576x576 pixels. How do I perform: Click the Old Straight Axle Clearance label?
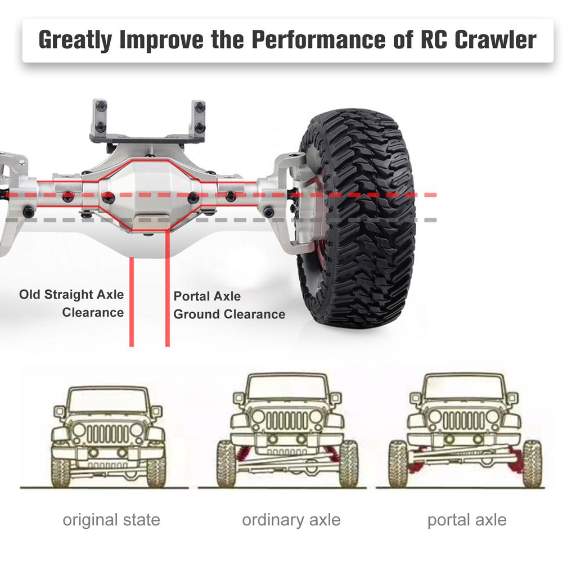coord(72,303)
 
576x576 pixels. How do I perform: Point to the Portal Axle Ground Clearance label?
coord(229,305)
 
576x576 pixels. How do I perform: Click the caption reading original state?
coord(111,520)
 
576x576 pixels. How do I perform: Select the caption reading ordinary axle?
coord(291,520)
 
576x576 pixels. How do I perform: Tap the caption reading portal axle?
coord(467,520)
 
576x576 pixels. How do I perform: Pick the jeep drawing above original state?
coord(108,436)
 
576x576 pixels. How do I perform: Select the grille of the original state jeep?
coord(108,433)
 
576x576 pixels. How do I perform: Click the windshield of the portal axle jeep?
coord(465,388)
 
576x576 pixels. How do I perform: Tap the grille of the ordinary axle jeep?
coord(287,420)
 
